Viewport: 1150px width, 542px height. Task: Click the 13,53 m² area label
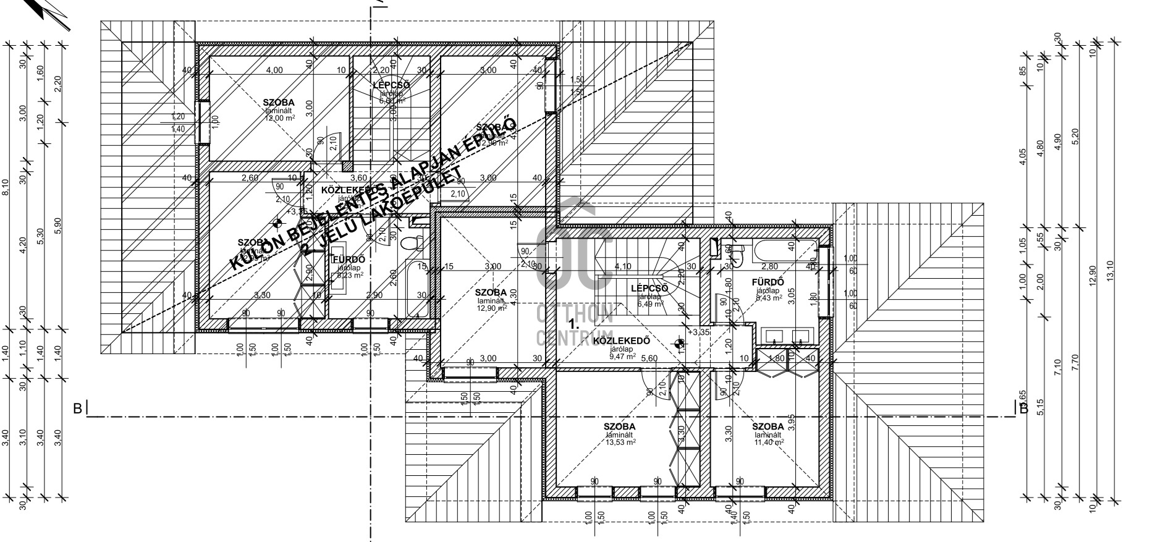point(621,442)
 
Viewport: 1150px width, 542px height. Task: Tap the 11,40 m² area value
point(769,442)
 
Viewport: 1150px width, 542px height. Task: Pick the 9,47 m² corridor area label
point(622,357)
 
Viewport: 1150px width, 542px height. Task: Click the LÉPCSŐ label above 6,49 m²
point(649,289)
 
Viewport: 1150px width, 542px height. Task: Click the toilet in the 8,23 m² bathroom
point(408,243)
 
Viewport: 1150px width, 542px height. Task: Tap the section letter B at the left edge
point(77,409)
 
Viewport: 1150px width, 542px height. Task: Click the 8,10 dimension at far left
point(6,186)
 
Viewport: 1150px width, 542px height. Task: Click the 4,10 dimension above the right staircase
point(623,267)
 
